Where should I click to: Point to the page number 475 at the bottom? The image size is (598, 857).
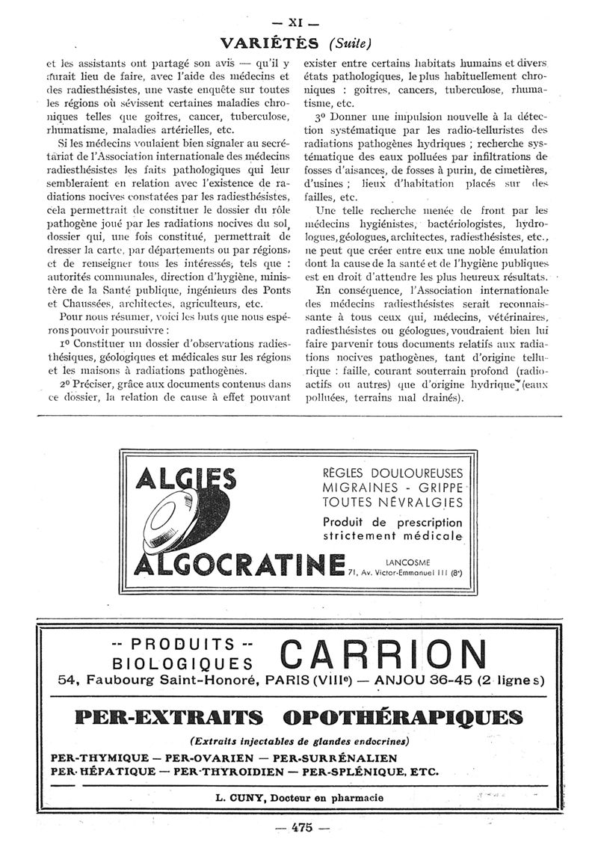301,828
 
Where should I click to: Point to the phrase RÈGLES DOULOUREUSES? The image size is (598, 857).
392,473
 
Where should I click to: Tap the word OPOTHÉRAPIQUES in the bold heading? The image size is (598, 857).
404,718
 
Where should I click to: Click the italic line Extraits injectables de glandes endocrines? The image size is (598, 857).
299,741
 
